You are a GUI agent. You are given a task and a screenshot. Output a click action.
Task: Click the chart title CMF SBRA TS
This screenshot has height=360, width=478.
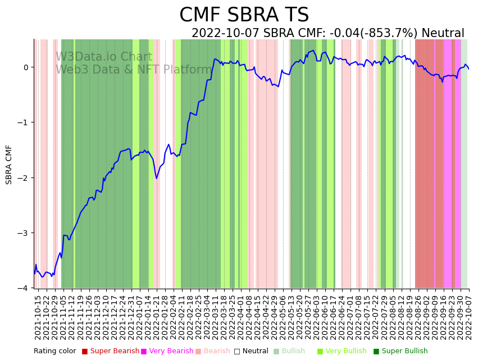244,15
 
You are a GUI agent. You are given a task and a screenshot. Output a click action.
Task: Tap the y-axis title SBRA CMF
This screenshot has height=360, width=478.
9,164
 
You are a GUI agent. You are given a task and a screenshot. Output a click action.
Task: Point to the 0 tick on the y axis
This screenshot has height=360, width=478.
26,67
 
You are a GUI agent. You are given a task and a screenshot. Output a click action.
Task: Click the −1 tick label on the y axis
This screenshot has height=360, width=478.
24,122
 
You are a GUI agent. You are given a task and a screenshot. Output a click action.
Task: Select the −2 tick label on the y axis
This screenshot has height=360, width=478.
24,178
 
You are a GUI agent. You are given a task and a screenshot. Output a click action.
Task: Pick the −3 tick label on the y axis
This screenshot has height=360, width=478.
24,233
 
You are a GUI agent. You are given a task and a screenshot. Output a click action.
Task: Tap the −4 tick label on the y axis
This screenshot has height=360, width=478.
24,288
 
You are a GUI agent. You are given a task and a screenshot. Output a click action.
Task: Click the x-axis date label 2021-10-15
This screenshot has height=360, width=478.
38,317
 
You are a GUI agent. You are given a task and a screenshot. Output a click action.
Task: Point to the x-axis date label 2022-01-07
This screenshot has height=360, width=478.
138,317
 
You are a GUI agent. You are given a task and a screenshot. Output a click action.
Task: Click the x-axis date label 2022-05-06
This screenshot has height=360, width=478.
283,317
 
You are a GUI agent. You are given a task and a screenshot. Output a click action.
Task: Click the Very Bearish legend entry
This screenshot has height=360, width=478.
167,352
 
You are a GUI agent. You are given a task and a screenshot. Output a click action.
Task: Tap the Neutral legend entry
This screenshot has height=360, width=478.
251,352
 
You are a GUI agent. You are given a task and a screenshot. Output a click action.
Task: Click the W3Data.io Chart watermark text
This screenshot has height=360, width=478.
104,57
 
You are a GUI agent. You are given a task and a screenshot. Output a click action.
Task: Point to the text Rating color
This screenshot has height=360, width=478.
54,352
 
